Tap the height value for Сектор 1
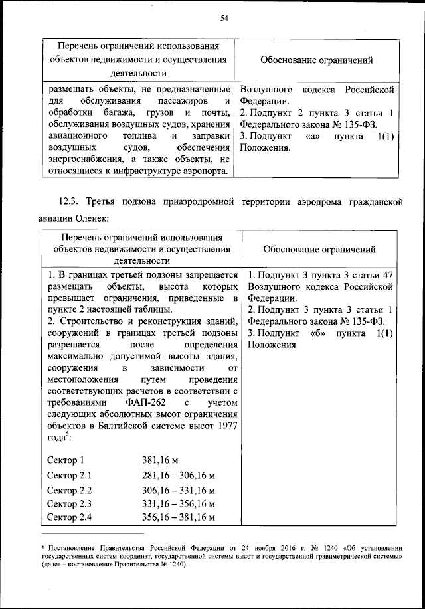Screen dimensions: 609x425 [161, 460]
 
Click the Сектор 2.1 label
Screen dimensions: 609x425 [70, 475]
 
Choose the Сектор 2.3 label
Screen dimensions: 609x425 [70, 504]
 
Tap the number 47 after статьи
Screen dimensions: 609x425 [388, 274]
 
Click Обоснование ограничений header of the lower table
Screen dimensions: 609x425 [319, 250]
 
